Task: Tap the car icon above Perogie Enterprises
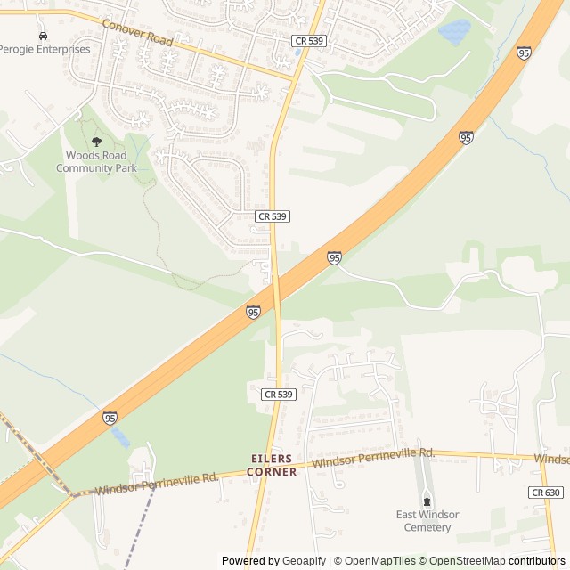(x=42, y=36)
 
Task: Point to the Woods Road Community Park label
(x=96, y=161)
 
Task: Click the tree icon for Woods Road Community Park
(x=96, y=142)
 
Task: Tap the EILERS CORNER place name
(x=272, y=465)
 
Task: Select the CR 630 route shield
(x=545, y=493)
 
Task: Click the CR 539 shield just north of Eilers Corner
(x=278, y=394)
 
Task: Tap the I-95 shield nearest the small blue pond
(x=110, y=418)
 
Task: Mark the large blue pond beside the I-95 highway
(x=454, y=33)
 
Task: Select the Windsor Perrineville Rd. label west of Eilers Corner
(x=156, y=484)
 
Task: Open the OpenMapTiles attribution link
(x=374, y=561)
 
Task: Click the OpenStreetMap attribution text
(x=464, y=561)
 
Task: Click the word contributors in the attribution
(x=537, y=561)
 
